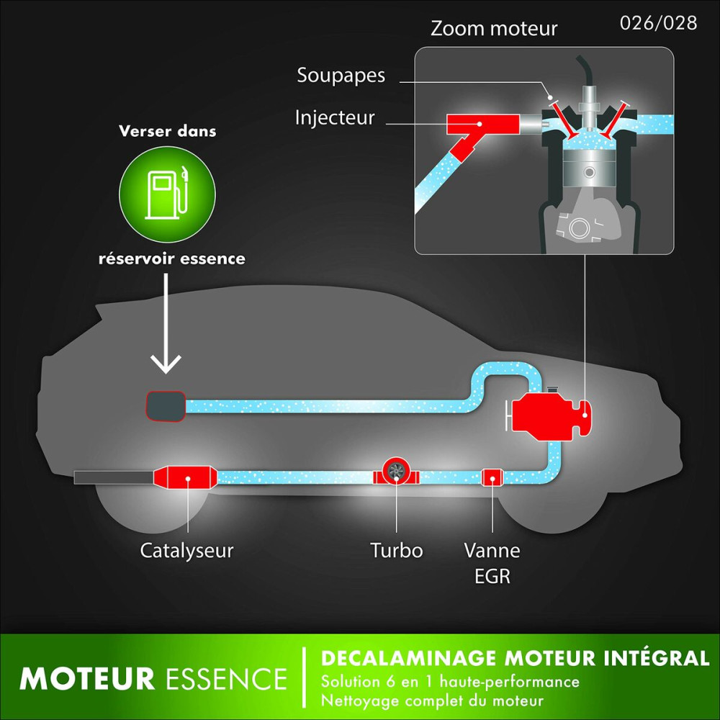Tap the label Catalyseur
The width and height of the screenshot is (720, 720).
(x=187, y=552)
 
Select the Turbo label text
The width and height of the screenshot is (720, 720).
(x=397, y=552)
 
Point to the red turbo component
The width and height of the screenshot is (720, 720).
(x=395, y=472)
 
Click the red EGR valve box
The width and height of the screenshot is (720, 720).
(x=492, y=476)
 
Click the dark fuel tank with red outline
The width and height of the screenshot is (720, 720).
(x=166, y=407)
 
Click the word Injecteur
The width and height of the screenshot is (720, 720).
(x=335, y=117)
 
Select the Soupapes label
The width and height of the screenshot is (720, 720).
(x=341, y=75)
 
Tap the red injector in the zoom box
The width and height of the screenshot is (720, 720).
(x=479, y=126)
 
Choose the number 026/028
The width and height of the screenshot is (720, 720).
(x=658, y=22)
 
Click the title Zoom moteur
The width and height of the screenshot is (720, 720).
(x=493, y=29)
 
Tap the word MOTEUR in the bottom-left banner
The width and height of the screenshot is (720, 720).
(x=87, y=679)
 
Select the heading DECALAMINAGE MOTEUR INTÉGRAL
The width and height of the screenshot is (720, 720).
(x=515, y=658)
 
